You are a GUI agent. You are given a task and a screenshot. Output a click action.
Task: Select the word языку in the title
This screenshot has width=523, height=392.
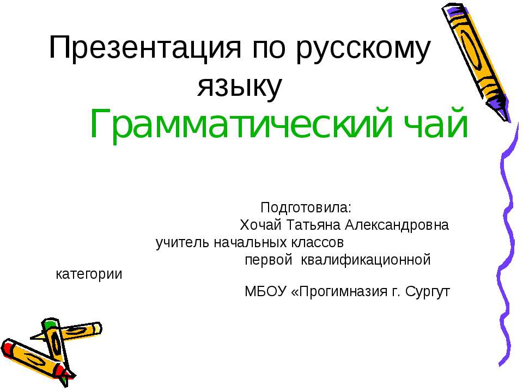240,87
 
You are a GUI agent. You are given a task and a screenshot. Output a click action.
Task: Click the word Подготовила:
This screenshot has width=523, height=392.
307,208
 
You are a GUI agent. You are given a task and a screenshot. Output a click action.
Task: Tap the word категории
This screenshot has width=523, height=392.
89,274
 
